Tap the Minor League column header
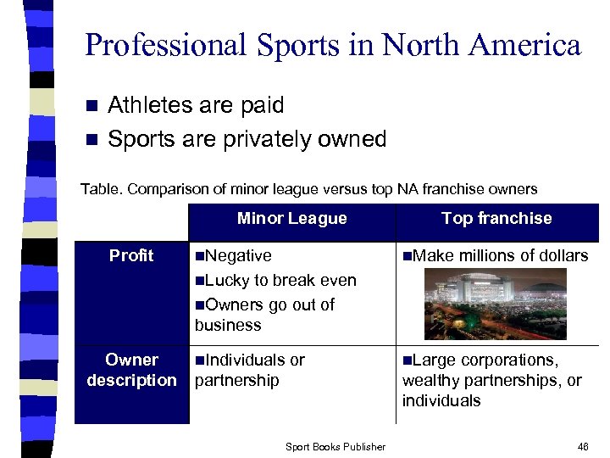[291, 219]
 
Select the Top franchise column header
[496, 219]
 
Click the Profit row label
[131, 255]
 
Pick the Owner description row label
[131, 370]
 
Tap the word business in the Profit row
[228, 325]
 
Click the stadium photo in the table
[496, 304]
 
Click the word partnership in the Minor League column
[236, 380]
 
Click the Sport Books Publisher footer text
[335, 447]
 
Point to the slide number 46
[583, 446]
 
